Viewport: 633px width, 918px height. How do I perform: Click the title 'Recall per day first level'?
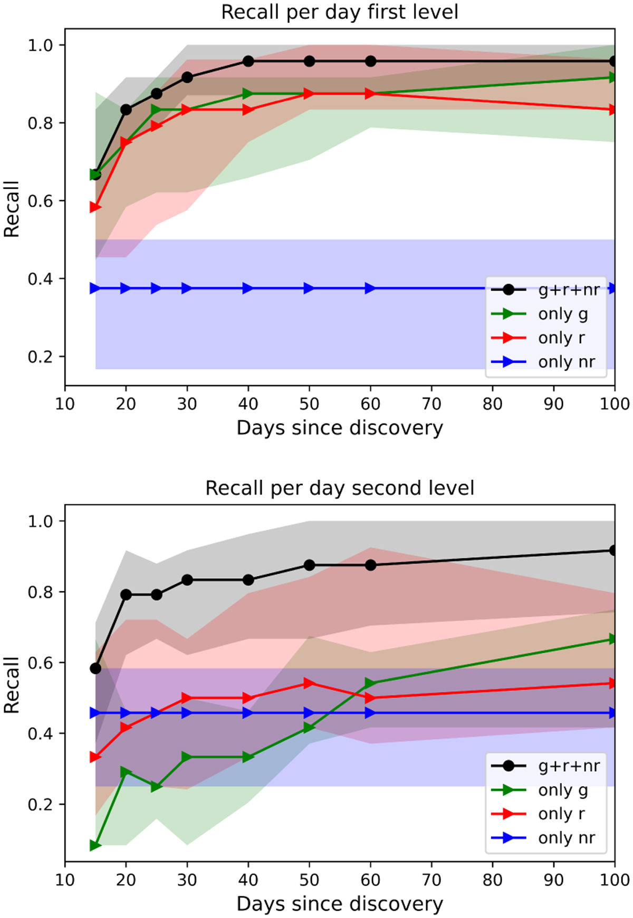[340, 12]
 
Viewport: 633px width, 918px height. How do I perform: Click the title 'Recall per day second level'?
[340, 488]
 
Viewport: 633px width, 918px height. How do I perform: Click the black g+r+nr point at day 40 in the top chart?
[248, 61]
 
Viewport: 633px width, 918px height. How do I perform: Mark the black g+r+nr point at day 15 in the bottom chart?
[95, 669]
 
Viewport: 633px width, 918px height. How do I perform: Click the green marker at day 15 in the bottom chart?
[95, 846]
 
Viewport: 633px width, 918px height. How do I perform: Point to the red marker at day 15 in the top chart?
[95, 207]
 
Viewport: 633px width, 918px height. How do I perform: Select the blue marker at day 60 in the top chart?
[370, 288]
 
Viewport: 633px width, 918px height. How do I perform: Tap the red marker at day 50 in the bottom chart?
[309, 683]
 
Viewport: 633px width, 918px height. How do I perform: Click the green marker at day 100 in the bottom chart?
[613, 639]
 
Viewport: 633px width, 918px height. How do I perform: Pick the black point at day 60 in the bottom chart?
[370, 565]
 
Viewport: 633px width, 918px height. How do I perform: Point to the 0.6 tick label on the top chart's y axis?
[40, 201]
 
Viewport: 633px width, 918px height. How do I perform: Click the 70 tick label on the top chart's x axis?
[431, 404]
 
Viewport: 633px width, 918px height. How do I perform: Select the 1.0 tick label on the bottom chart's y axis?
[40, 521]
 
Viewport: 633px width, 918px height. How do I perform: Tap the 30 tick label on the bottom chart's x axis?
[187, 880]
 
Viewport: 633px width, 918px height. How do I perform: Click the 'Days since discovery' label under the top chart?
[340, 428]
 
